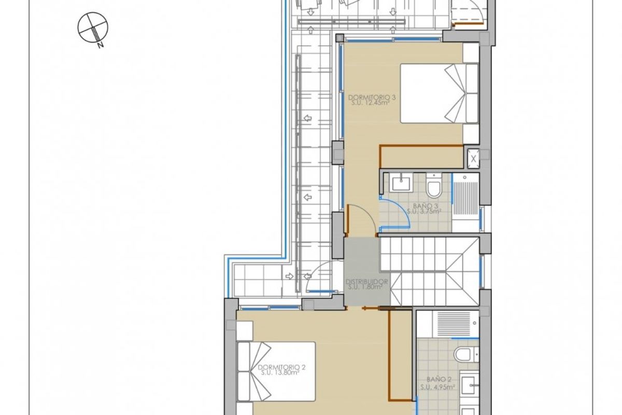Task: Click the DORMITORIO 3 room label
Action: [369, 97]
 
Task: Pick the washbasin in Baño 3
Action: [401, 183]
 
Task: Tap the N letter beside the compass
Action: [101, 45]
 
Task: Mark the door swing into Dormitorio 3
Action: [361, 218]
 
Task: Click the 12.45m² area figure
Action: [372, 102]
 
